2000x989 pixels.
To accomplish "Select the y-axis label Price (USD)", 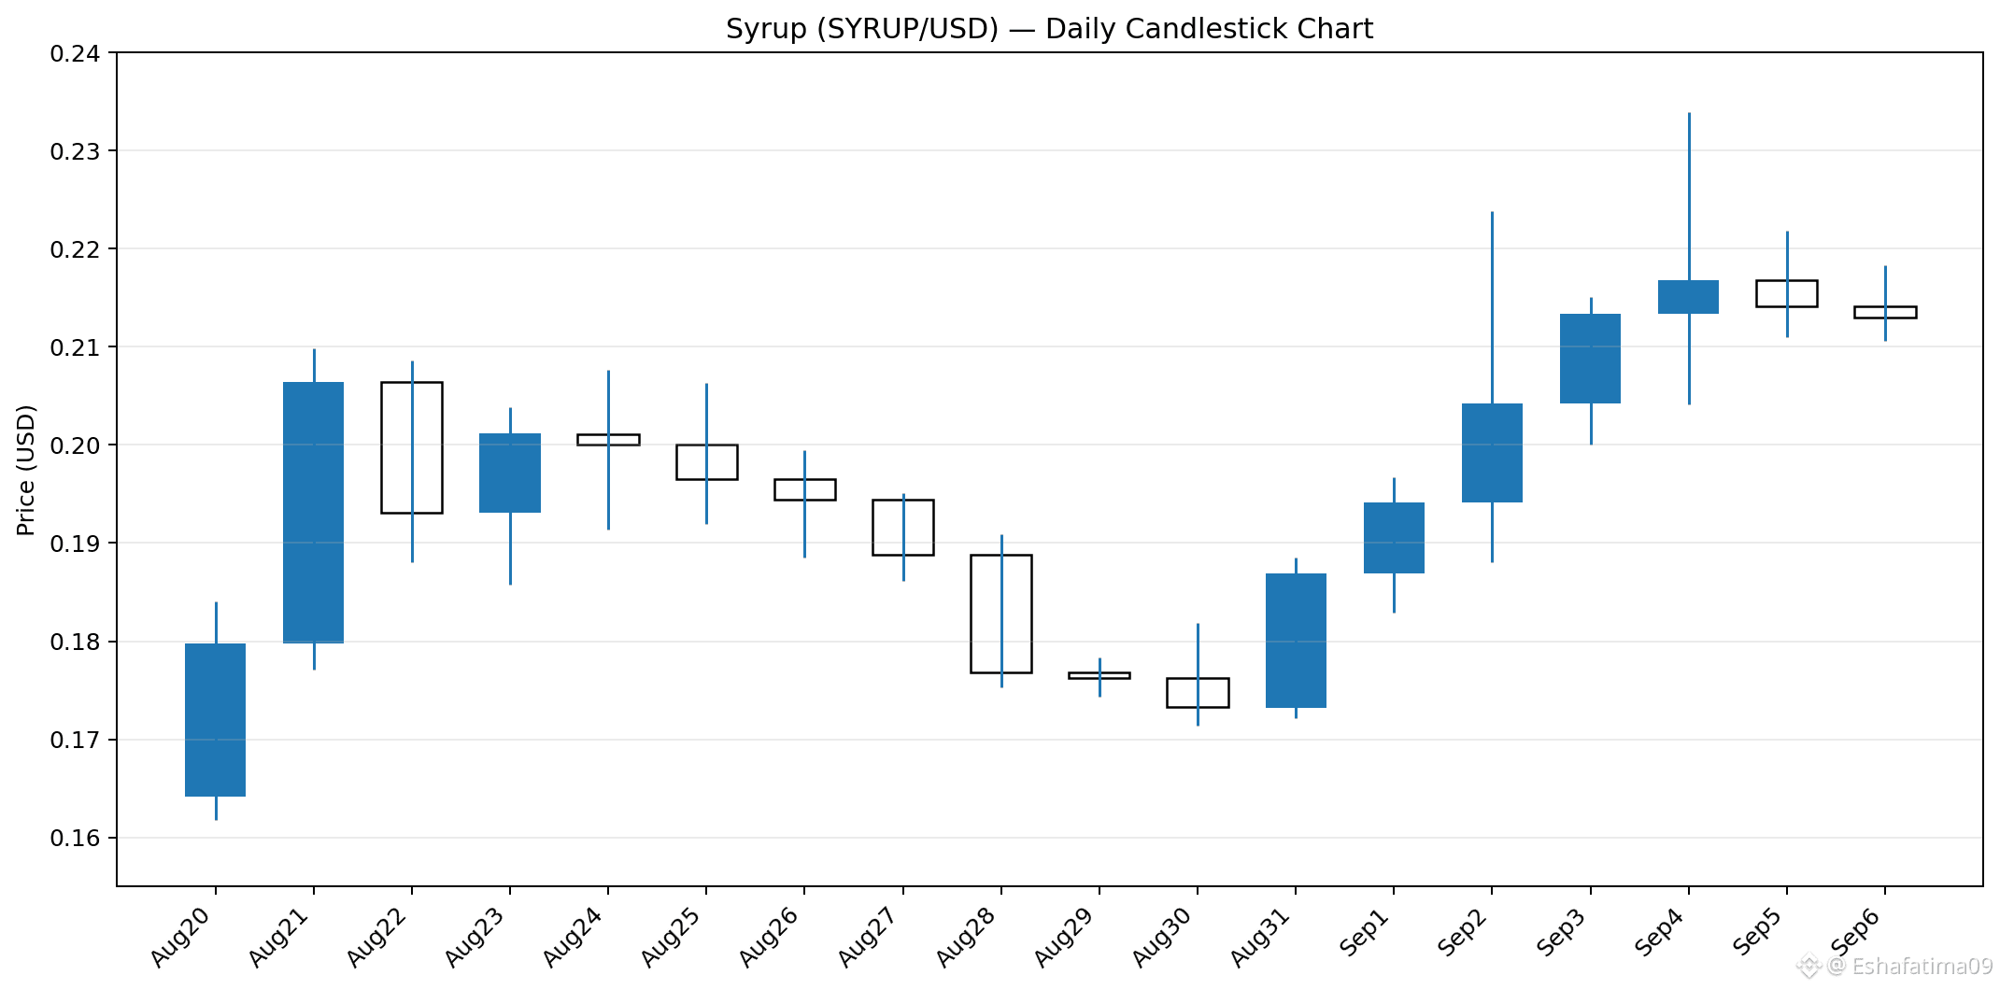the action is tap(26, 470).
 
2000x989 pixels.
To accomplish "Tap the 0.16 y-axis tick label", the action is tap(76, 838).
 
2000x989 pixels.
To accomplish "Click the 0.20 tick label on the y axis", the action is tap(76, 445).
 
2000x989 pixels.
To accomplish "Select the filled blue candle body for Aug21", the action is tap(314, 513).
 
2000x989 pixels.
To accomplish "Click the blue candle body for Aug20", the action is tap(216, 720).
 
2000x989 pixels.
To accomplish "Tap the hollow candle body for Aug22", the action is tap(412, 447).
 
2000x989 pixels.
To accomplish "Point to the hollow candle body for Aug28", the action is tap(1001, 614).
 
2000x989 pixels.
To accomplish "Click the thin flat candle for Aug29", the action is tap(1099, 675).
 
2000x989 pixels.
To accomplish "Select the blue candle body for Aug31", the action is tap(1296, 641).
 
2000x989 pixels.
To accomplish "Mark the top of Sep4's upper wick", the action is tap(1689, 113).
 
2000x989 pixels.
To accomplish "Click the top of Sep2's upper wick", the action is tap(1492, 212).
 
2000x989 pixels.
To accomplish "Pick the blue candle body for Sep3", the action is tap(1591, 359).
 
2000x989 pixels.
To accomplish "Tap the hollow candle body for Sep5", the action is tap(1787, 293).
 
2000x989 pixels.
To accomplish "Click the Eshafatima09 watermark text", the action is tap(1922, 966).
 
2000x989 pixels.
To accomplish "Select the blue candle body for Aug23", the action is tap(510, 473).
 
